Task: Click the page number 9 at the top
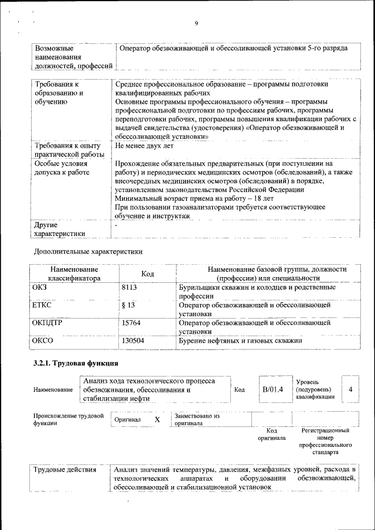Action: coord(196,23)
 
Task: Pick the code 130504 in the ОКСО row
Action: coord(133,340)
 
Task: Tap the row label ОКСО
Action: coord(44,340)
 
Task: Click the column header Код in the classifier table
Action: coord(148,273)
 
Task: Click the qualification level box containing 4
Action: coord(350,389)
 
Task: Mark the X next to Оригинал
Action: coord(157,420)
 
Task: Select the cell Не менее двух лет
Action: coord(144,145)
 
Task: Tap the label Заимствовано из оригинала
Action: coord(197,419)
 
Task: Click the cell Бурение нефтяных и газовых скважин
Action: coord(240,340)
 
